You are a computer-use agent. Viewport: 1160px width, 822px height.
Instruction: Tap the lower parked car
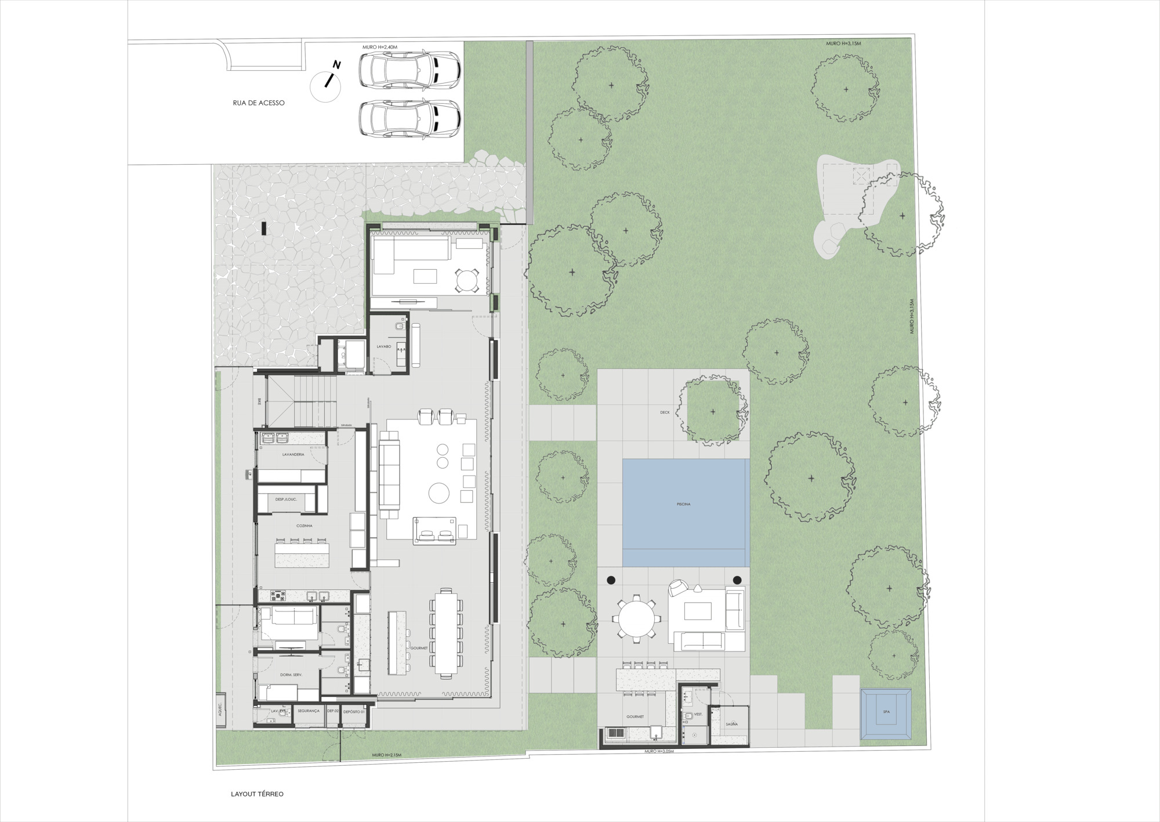[409, 118]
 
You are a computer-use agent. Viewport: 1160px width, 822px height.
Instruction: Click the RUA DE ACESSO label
[259, 103]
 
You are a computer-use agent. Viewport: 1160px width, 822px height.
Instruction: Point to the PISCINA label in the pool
[683, 504]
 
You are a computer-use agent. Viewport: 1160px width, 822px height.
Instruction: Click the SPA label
[886, 712]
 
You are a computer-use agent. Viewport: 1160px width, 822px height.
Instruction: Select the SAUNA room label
[731, 724]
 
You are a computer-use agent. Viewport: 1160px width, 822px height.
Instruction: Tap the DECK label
[665, 412]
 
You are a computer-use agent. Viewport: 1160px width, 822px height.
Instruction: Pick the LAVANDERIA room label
[293, 454]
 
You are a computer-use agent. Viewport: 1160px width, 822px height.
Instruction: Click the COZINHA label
[304, 526]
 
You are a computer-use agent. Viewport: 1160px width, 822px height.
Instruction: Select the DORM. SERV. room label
[291, 675]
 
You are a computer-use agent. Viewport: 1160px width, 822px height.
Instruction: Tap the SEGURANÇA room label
[309, 711]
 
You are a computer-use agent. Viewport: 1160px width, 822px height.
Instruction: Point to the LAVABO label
[383, 346]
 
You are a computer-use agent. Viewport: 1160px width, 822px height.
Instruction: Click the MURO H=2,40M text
[380, 47]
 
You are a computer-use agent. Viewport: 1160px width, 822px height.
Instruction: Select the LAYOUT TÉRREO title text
[257, 794]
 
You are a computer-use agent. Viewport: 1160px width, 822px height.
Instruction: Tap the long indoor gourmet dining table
[447, 632]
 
